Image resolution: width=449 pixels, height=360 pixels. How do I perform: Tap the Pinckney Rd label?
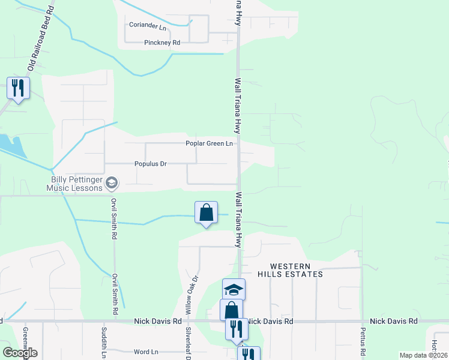[162, 43]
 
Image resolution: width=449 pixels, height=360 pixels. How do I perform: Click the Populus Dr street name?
[150, 163]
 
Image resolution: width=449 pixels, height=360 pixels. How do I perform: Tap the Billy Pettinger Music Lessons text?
[76, 182]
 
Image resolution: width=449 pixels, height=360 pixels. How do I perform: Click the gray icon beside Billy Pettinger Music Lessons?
[111, 182]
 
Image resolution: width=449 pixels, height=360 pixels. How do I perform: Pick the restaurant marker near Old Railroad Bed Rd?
[18, 88]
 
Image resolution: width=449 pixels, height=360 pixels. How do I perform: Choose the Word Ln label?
[146, 352]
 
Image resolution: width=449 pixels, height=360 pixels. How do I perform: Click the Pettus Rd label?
[363, 340]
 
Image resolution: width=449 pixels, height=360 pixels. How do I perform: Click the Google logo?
[20, 353]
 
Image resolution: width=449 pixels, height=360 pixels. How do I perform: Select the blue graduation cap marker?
[234, 290]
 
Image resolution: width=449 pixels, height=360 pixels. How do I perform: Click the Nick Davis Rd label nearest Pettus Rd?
[393, 322]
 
